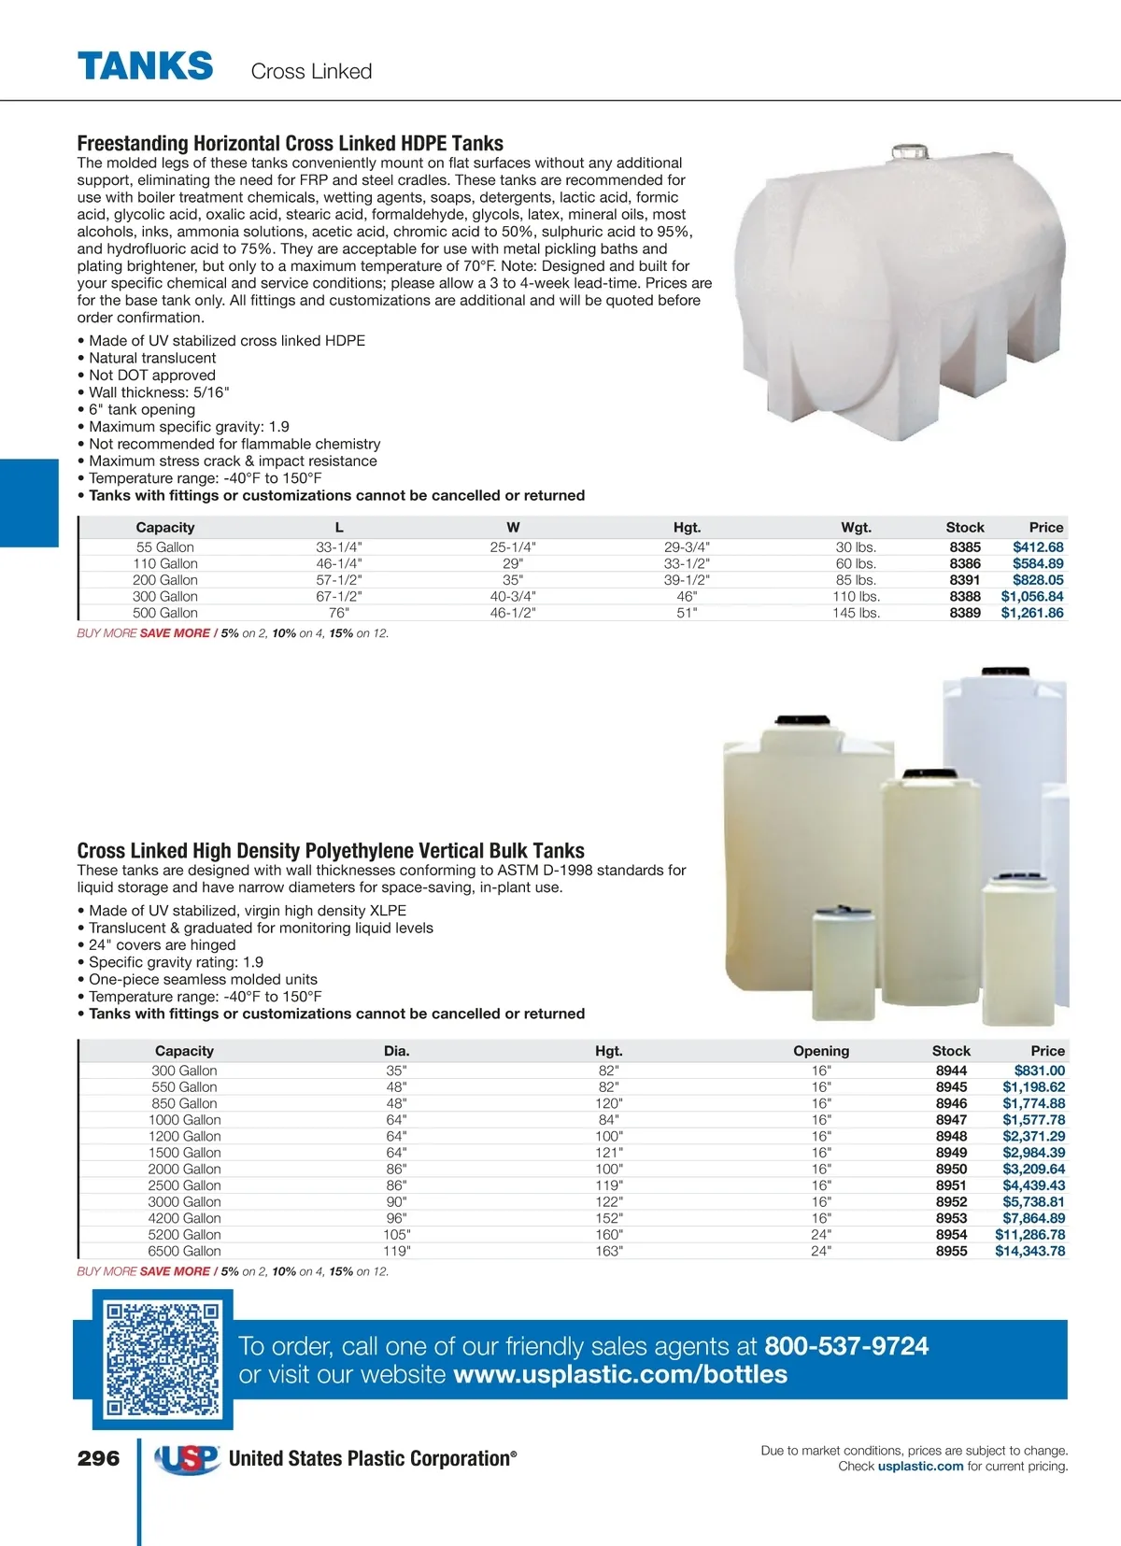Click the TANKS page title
click(x=146, y=66)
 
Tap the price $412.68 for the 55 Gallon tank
click(x=1037, y=547)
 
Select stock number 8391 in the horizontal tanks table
click(x=965, y=580)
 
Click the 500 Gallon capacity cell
click(x=165, y=613)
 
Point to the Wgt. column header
click(x=856, y=528)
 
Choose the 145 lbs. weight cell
click(x=856, y=613)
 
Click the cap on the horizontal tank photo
click(x=906, y=151)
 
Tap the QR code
click(x=163, y=1359)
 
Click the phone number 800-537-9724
click(x=846, y=1346)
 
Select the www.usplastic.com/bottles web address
click(x=620, y=1375)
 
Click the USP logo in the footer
click(x=188, y=1458)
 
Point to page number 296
click(x=98, y=1458)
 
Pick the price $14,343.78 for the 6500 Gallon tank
click(x=1029, y=1251)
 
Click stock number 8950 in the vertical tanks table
click(x=951, y=1169)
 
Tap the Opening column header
click(x=821, y=1051)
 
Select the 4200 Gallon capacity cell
click(x=185, y=1218)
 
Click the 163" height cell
click(x=608, y=1251)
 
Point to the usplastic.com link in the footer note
click(x=920, y=1467)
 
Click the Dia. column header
click(x=396, y=1051)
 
